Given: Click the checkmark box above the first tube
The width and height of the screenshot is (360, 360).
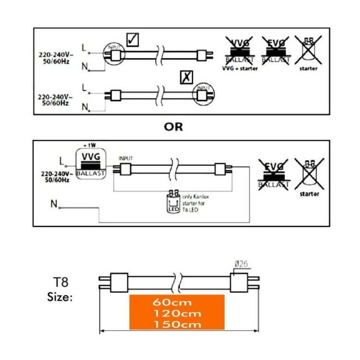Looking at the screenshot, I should (132, 40).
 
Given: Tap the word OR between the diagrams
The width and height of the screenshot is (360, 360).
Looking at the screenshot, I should (173, 127).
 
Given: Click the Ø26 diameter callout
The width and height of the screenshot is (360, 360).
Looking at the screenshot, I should (241, 265).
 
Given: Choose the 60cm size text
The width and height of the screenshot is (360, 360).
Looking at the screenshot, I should (176, 302).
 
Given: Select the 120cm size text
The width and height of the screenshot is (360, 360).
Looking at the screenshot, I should (176, 313).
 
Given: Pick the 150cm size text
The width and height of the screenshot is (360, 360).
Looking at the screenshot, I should (176, 324).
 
